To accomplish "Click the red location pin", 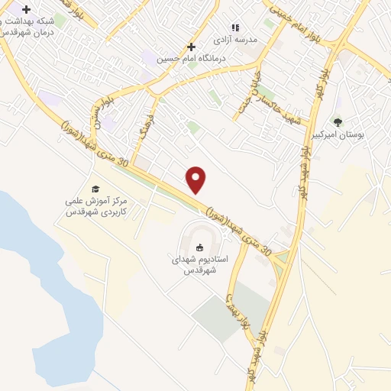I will point(197,179).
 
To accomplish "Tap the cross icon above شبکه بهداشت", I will point(27,10).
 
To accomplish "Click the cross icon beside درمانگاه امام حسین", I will point(191,47).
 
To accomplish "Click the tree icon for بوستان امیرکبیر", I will point(338,121).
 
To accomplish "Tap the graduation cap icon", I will point(95,189).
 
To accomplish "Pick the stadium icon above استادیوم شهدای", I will point(200,247).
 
